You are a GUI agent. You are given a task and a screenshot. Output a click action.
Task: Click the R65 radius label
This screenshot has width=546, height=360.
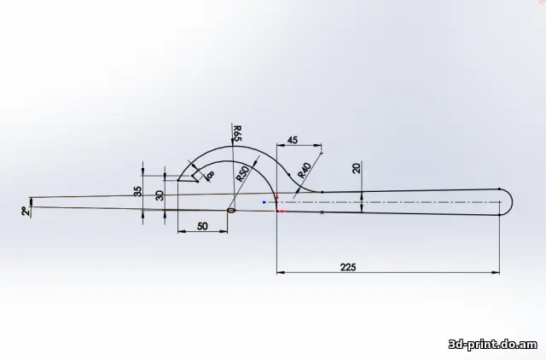click(x=237, y=133)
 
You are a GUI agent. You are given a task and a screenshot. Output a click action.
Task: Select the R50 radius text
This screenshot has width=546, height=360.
click(x=243, y=174)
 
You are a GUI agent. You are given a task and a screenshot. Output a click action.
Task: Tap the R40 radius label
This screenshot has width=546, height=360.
click(x=305, y=171)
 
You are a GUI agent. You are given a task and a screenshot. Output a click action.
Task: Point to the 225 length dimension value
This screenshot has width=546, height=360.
click(x=348, y=267)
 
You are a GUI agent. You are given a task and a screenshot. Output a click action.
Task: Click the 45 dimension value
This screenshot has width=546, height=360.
click(x=293, y=140)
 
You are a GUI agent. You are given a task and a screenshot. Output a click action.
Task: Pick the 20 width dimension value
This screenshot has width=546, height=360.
click(x=357, y=169)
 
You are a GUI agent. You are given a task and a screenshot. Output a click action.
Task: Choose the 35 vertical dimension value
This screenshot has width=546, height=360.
click(x=138, y=191)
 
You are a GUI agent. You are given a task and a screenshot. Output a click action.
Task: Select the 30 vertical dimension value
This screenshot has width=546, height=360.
click(x=160, y=195)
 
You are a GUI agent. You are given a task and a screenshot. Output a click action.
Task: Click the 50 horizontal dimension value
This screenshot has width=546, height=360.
click(x=202, y=226)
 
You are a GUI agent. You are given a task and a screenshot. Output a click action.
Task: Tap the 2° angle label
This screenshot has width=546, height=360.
click(x=25, y=211)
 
